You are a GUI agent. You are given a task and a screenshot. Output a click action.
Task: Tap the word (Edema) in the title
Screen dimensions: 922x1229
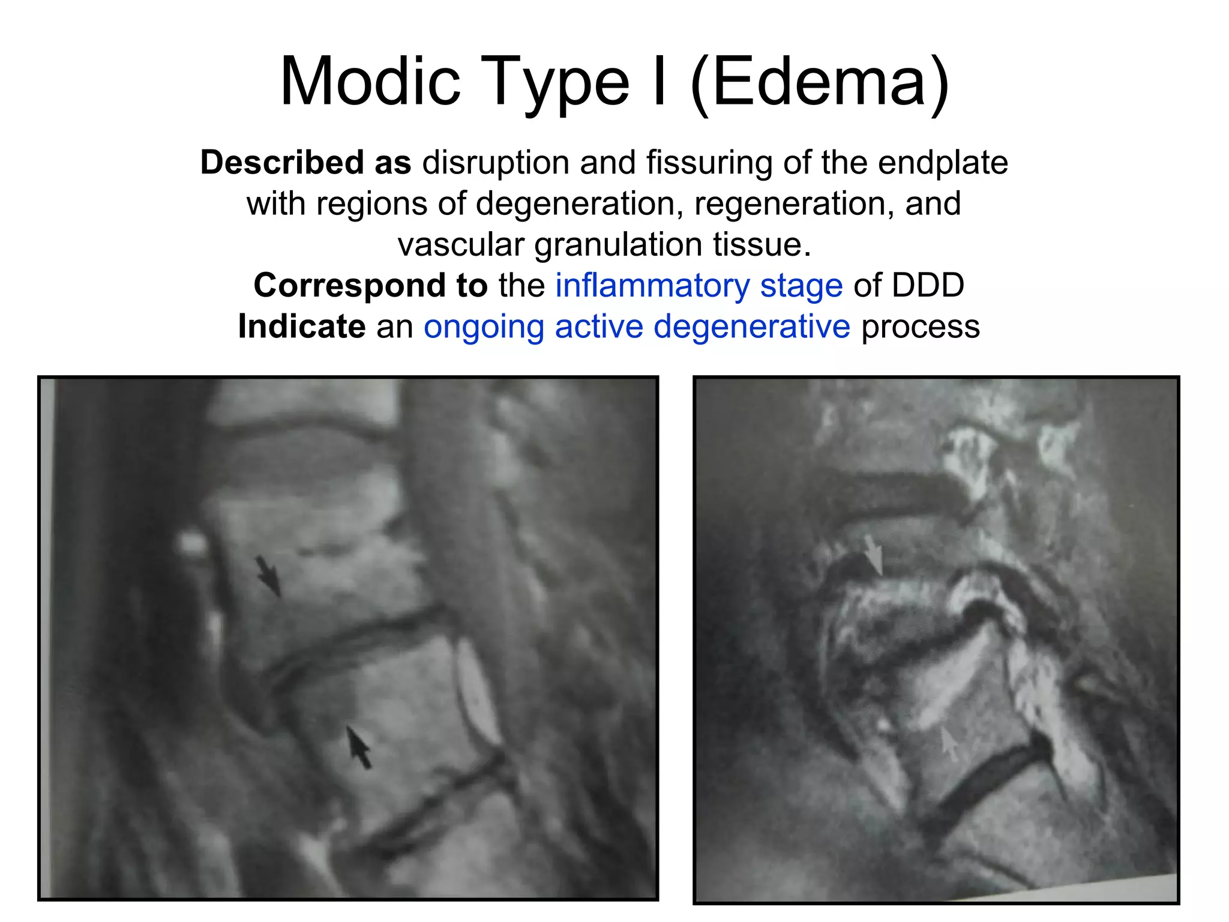(820, 82)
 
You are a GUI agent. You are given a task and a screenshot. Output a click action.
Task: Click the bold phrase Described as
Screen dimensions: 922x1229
(305, 162)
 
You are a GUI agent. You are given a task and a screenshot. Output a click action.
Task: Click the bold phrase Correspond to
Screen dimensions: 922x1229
(370, 285)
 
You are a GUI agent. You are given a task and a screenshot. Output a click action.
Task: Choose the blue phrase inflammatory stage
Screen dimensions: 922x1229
(699, 286)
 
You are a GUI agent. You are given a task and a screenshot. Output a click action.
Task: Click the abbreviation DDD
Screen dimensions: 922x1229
(928, 285)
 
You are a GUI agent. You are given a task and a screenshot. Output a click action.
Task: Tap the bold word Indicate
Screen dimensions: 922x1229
(301, 327)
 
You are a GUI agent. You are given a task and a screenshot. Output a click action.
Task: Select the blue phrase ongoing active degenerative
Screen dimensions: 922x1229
(637, 327)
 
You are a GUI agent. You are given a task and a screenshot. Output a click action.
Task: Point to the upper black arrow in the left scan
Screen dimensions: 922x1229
(268, 576)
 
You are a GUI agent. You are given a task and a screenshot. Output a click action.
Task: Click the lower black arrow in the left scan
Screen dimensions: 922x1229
(359, 746)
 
